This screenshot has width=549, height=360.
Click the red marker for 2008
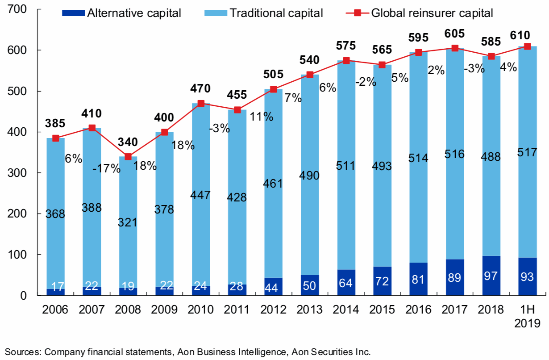click(x=128, y=157)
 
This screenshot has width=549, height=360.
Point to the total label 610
click(x=527, y=35)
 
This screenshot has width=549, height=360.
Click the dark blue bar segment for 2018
click(x=491, y=276)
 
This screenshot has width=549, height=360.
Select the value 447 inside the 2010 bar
click(x=201, y=195)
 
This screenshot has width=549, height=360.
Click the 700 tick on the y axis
click(x=18, y=9)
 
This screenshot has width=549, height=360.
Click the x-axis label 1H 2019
click(x=527, y=316)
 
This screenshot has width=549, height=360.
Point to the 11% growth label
click(x=261, y=117)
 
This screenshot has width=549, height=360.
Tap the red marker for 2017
click(x=455, y=48)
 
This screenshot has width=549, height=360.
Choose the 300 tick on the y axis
click(x=18, y=173)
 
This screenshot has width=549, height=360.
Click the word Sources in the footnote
click(x=21, y=352)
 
